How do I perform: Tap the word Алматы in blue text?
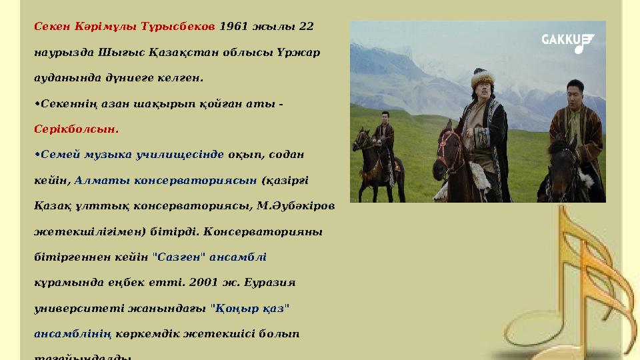click(101, 179)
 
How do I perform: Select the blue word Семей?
click(61, 154)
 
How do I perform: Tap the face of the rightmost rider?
click(575, 92)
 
